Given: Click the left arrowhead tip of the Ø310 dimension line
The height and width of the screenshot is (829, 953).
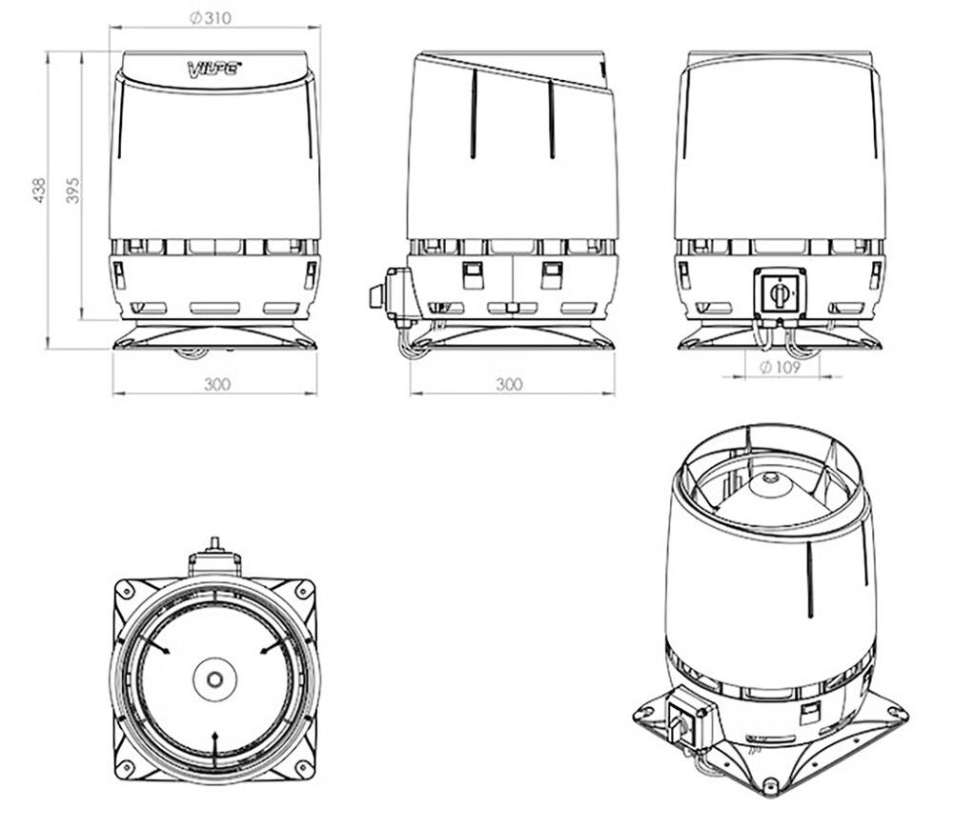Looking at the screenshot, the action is click(110, 27).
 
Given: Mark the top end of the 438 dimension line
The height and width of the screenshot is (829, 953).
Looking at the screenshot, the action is click(48, 52).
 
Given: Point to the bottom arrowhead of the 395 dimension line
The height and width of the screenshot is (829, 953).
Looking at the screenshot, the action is click(82, 318).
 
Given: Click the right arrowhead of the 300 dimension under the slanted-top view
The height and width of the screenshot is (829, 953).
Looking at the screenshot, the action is click(614, 394).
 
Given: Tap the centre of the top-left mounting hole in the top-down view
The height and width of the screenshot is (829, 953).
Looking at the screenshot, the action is click(126, 588).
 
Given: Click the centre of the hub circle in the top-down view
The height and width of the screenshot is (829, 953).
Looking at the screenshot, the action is click(213, 678).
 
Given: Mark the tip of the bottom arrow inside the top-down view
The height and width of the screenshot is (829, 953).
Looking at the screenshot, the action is click(213, 733).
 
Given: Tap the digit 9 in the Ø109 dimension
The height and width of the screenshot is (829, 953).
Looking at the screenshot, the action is click(796, 367).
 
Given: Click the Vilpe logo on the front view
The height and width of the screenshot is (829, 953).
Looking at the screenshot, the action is click(213, 68).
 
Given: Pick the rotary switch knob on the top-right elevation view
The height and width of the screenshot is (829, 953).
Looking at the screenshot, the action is click(780, 294).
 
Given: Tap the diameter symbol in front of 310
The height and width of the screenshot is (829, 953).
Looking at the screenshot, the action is click(195, 19).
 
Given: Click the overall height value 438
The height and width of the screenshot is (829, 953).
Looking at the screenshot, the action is click(39, 191).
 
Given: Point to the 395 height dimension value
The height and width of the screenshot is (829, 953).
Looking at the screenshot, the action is click(72, 191).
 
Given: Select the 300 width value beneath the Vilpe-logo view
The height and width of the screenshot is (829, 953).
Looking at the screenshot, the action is click(217, 384).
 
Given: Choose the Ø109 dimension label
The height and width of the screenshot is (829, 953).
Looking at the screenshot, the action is click(781, 367).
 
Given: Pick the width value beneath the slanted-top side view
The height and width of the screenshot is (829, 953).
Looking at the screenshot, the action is click(509, 384).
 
